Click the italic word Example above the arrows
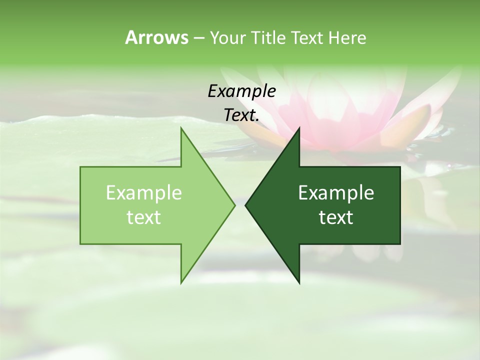241,91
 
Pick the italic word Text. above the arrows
241,115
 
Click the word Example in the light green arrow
144,192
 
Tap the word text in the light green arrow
144,217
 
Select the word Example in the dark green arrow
336,192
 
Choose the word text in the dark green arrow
336,217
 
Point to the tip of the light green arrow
234,205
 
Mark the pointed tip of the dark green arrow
245,205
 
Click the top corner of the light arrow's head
181,128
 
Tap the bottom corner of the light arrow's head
181,282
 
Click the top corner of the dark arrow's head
299,128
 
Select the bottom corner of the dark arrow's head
299,283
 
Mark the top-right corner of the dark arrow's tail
400,167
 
